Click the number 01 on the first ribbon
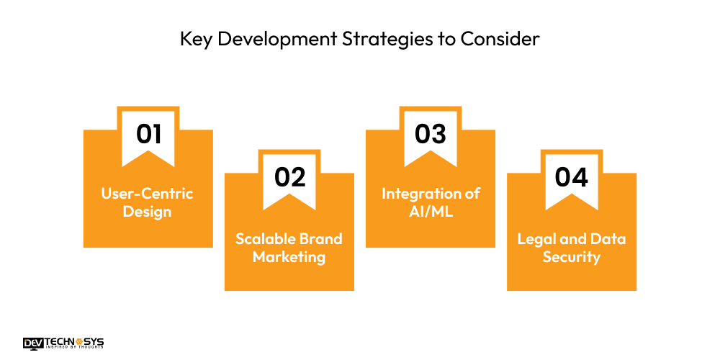click(x=148, y=134)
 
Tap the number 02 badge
click(x=289, y=177)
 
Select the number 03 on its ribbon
click(x=431, y=134)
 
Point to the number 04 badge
click(x=572, y=177)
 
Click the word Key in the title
click(x=195, y=39)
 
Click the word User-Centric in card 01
click(x=148, y=194)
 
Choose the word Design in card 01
click(x=148, y=212)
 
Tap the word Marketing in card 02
click(x=289, y=257)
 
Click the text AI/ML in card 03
click(x=431, y=212)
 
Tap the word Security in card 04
click(x=572, y=257)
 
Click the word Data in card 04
click(x=608, y=238)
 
